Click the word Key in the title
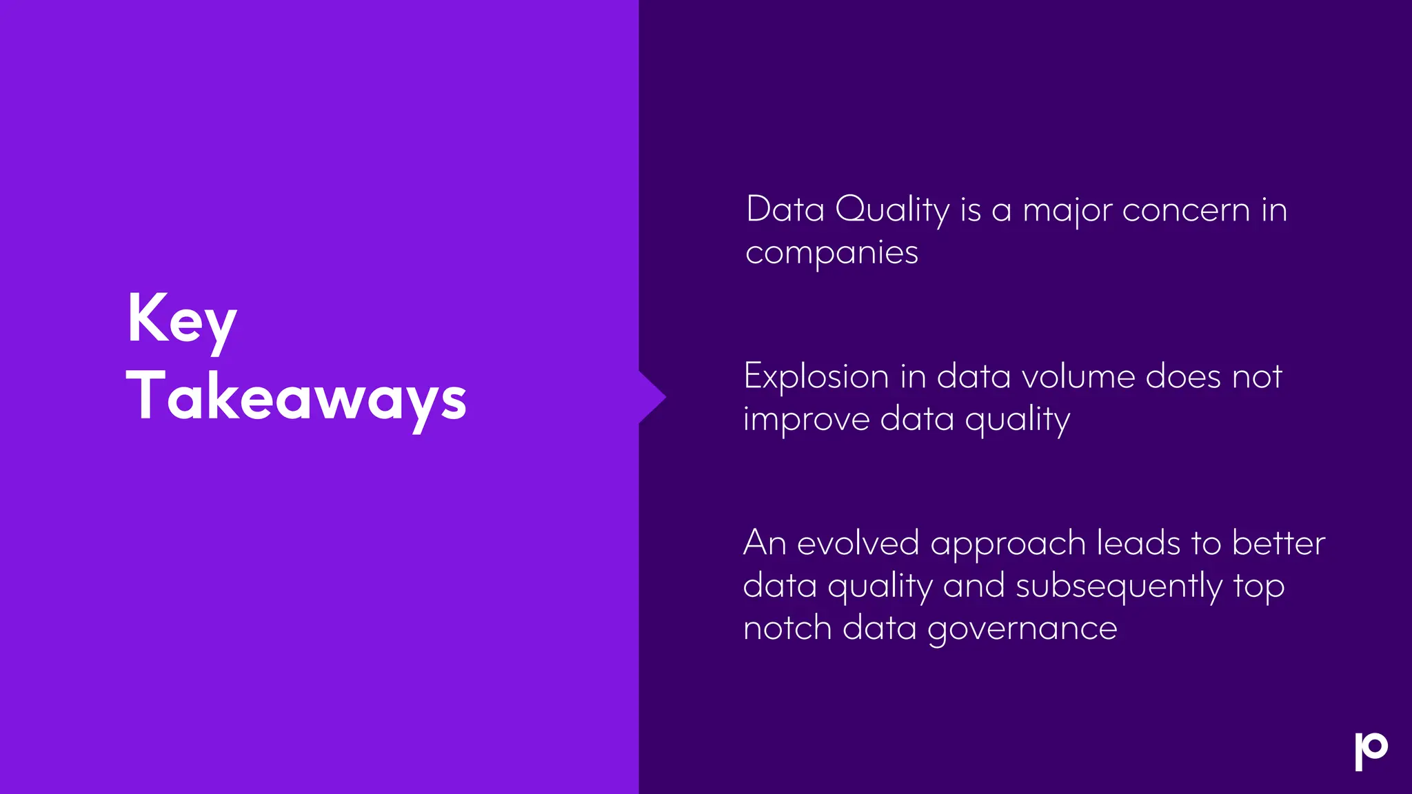pyautogui.click(x=182, y=319)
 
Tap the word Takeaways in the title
pyautogui.click(x=296, y=397)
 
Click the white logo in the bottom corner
pyautogui.click(x=1371, y=751)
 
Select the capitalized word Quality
pyautogui.click(x=892, y=210)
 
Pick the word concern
pyautogui.click(x=1186, y=210)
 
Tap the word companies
pyautogui.click(x=831, y=253)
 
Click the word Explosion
pyautogui.click(x=816, y=378)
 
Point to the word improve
pyautogui.click(x=806, y=419)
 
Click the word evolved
pyautogui.click(x=858, y=543)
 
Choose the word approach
pyautogui.click(x=1008, y=544)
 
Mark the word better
pyautogui.click(x=1278, y=543)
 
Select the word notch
pyautogui.click(x=787, y=628)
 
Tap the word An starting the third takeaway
pyautogui.click(x=764, y=543)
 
